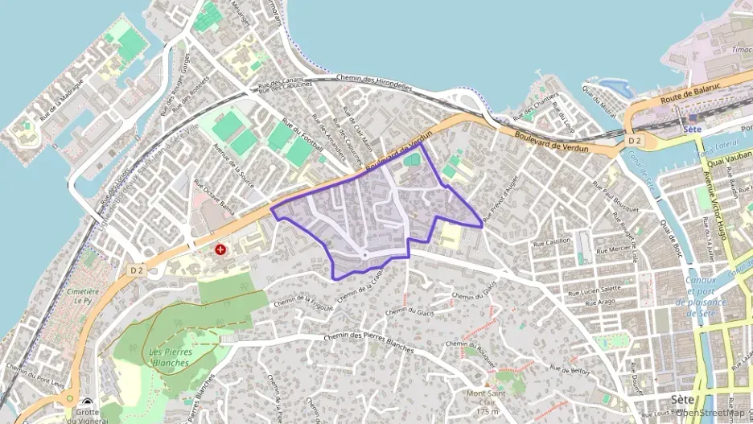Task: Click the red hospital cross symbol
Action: [220, 250]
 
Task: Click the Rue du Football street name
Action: [303, 137]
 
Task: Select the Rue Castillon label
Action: [552, 241]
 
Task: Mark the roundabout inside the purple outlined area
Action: [364, 255]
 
